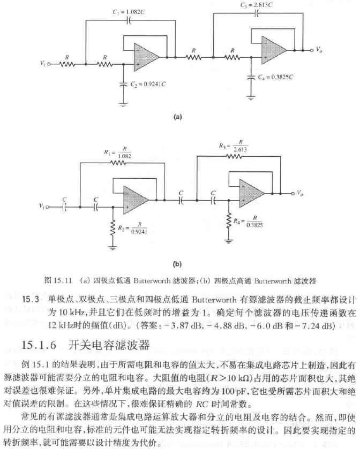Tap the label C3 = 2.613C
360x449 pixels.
[x=256, y=5]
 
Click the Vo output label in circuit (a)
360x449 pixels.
[x=319, y=50]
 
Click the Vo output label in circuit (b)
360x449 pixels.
[x=302, y=193]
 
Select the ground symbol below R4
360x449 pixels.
[x=229, y=240]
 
